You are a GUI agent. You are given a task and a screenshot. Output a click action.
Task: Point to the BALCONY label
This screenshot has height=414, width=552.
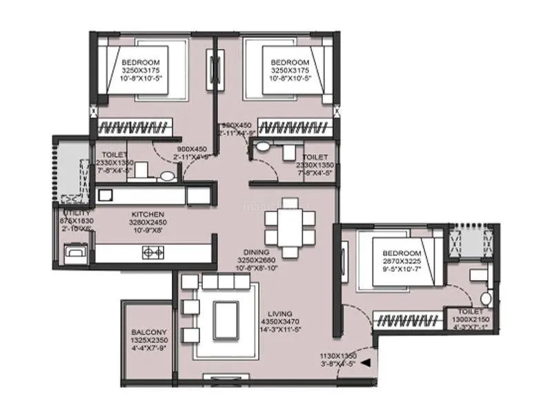(149, 332)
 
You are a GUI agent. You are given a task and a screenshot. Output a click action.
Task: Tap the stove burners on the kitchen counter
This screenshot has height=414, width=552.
(153, 253)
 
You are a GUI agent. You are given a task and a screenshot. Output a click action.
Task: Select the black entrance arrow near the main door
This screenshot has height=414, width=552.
(366, 362)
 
